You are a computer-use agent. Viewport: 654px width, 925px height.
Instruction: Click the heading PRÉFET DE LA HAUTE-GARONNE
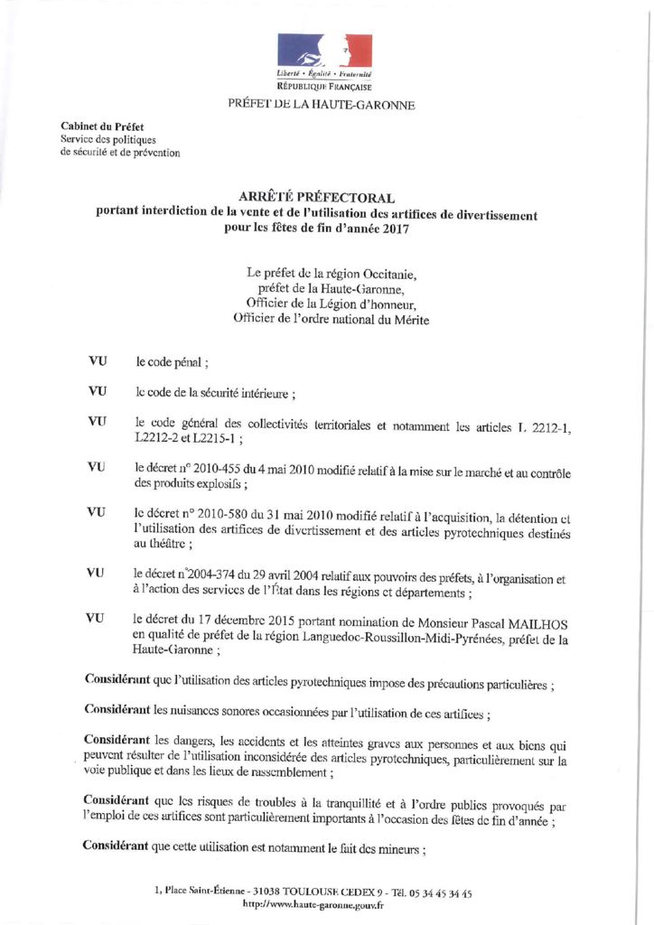(322, 106)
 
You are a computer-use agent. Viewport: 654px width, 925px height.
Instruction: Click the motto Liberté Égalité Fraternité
(324, 72)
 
